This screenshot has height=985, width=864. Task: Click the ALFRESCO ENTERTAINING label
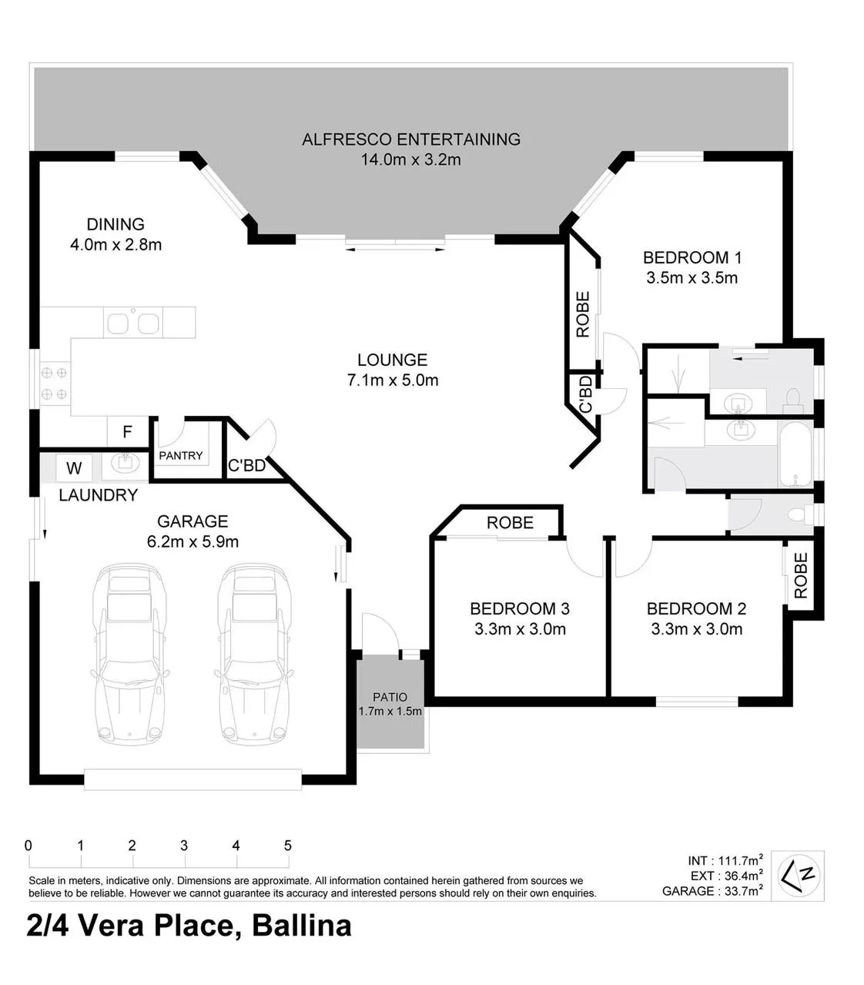pos(411,139)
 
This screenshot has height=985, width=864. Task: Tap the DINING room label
pos(116,224)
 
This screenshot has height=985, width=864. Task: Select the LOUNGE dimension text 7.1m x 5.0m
pos(393,380)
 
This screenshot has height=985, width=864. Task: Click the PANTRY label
pos(180,456)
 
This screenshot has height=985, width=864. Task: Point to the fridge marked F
pos(127,431)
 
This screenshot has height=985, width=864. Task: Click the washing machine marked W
pos(74,468)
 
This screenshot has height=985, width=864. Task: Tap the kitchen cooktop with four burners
pos(54,384)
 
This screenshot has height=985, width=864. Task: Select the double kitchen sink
pos(132,323)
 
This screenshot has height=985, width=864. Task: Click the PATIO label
pos(390,697)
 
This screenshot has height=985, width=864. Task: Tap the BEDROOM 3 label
pos(519,608)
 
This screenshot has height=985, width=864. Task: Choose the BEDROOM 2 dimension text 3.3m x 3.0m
pos(697,628)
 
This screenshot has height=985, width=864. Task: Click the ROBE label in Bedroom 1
pos(582,314)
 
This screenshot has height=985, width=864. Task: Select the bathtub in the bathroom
pos(795,453)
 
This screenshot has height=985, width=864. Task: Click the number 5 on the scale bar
pos(288,845)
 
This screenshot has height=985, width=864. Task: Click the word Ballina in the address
pos(301,925)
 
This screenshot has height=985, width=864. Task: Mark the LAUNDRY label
pos(99,495)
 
